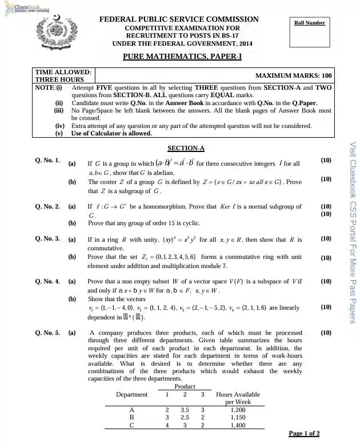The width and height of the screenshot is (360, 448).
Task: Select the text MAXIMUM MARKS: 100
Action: coord(293,75)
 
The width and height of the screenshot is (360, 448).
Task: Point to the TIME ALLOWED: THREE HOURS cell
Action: coord(63,76)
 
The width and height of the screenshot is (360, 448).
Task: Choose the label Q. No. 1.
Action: coord(47,161)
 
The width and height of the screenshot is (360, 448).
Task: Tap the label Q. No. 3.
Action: coord(47,239)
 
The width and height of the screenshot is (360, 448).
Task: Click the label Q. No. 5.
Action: coord(47,333)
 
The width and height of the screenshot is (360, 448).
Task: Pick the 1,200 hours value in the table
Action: coord(238,410)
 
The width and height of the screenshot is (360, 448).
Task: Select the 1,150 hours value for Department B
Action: coord(238,418)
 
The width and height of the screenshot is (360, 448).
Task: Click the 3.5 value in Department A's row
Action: coord(185,410)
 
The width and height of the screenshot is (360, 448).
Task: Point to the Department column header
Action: coord(131,394)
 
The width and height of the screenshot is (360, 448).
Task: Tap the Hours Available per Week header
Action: coord(238,398)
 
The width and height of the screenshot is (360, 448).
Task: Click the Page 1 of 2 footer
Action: coord(304,434)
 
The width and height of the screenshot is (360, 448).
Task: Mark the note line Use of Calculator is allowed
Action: coord(111,134)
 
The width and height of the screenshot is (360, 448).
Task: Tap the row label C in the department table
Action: coord(132,425)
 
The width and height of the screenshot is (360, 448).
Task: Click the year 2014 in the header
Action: coord(245,43)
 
